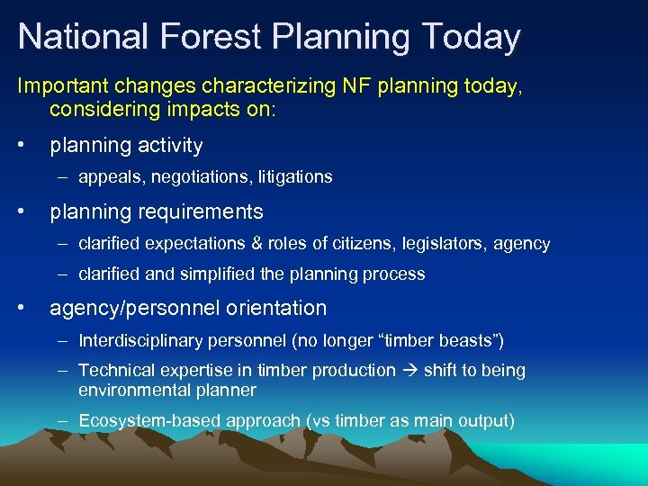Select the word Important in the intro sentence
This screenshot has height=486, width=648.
point(59,86)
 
